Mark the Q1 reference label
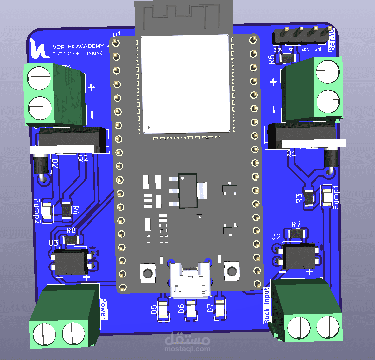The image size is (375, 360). click(x=291, y=154)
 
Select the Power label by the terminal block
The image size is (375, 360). click(x=104, y=309)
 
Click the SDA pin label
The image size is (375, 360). click(x=305, y=50)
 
